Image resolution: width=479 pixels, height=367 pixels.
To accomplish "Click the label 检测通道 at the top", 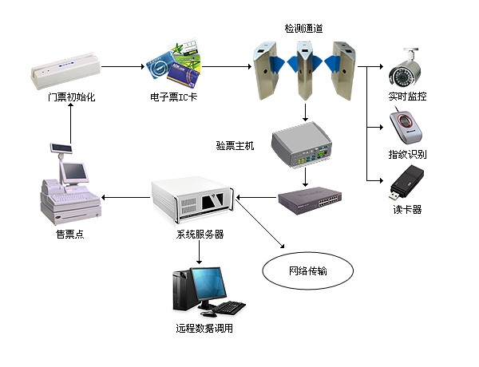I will pyautogui.click(x=304, y=29).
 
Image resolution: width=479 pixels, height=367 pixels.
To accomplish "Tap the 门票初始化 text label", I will pyautogui.click(x=71, y=97).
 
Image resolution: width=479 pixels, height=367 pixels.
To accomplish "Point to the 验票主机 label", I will pyautogui.click(x=236, y=147).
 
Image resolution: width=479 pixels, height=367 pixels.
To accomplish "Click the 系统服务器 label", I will pyautogui.click(x=200, y=235).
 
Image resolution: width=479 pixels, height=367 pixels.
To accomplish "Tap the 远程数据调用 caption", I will pyautogui.click(x=204, y=328).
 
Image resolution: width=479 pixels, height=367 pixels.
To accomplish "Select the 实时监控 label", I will pyautogui.click(x=408, y=97).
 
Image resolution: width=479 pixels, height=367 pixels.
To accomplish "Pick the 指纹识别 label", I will pyautogui.click(x=408, y=153).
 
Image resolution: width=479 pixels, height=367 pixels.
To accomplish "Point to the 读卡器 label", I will pyautogui.click(x=407, y=210).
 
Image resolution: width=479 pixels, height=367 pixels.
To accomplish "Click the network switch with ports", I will pyautogui.click(x=311, y=200).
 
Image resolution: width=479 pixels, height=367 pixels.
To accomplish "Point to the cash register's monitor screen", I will pyautogui.click(x=74, y=171).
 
